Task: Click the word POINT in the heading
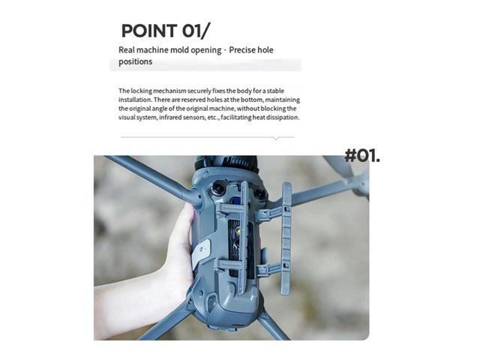(148, 31)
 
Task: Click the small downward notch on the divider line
(277, 139)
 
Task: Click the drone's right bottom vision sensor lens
(259, 193)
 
